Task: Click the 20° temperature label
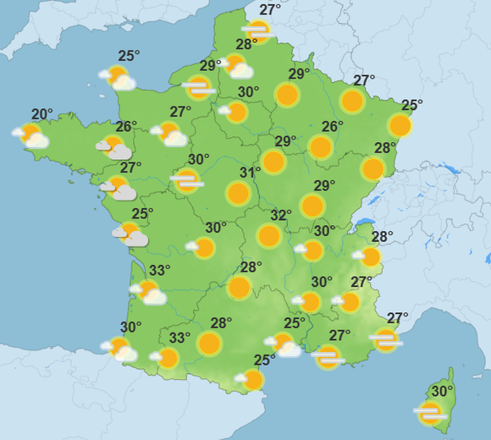42,114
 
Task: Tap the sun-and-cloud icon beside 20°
31,135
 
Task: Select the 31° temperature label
250,173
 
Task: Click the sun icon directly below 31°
239,194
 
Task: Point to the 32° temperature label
281,215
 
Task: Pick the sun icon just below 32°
269,235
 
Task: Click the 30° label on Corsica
442,391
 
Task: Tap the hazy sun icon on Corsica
430,412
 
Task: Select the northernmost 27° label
270,10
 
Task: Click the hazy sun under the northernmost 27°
257,32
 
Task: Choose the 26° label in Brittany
126,127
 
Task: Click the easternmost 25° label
411,105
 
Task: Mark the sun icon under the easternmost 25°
400,126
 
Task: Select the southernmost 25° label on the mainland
265,360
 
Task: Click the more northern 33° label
159,270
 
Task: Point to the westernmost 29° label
209,65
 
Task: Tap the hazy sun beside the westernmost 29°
199,85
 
